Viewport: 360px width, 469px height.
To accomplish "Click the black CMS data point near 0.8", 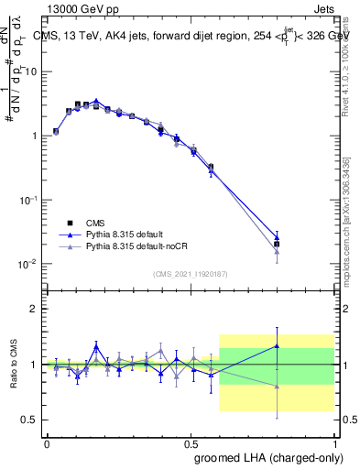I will click(277, 245).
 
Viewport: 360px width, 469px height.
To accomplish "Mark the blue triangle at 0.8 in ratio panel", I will click(277, 345).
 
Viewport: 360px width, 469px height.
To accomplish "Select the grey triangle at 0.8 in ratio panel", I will click(277, 387).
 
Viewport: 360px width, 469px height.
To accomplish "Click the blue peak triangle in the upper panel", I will click(95, 101).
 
